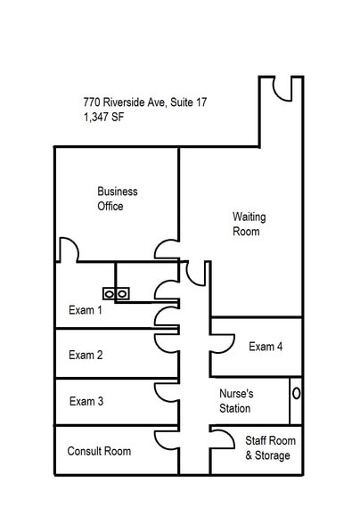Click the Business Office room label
point(118,199)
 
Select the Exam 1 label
point(86,311)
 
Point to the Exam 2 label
point(86,355)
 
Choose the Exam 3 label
point(86,401)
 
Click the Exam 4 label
point(266,347)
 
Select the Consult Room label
point(99,451)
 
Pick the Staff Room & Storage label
point(267,448)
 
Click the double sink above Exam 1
point(117,292)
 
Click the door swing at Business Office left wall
point(69,249)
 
